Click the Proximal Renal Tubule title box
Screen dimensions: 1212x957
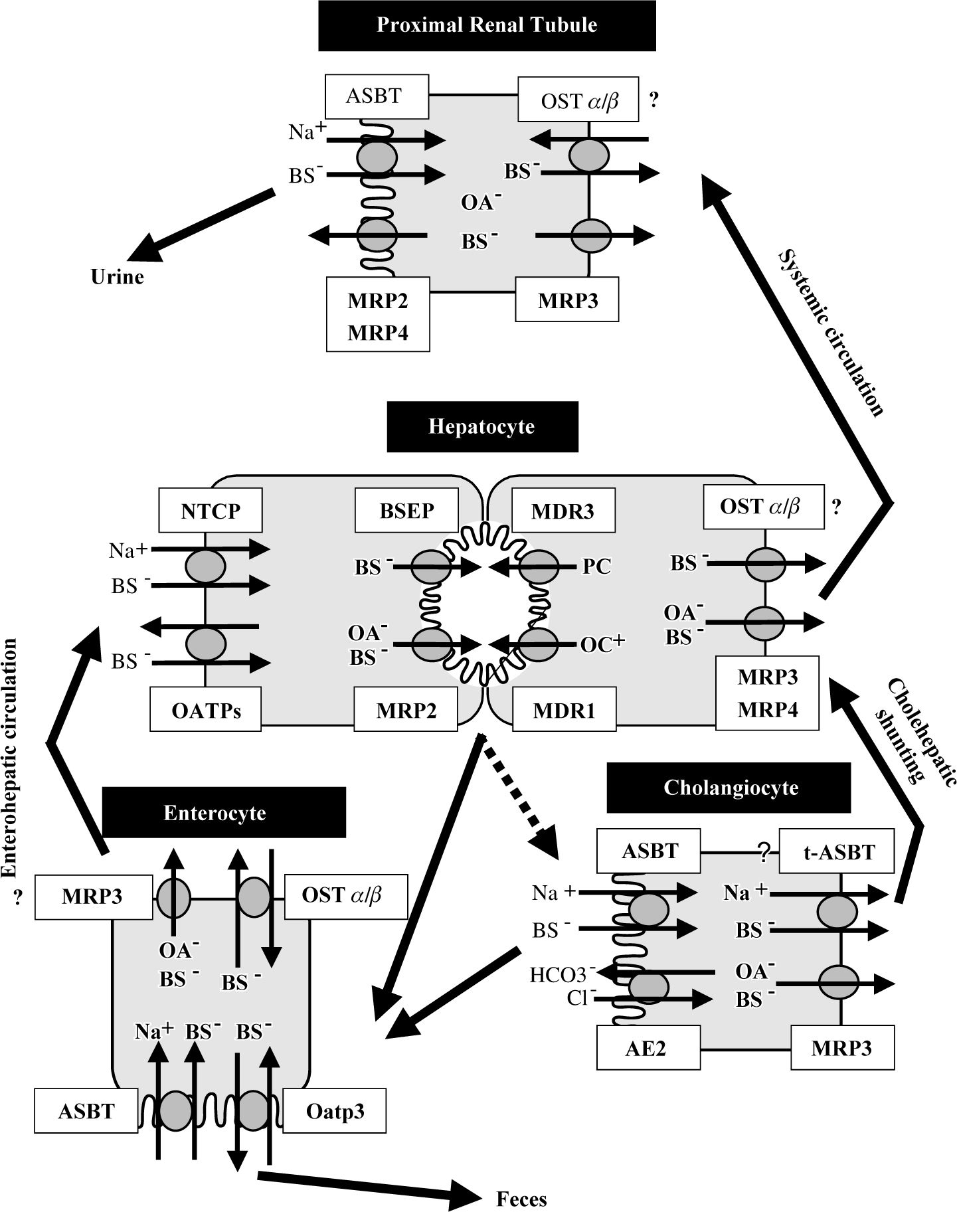tap(487, 26)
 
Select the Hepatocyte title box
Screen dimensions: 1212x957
tap(482, 426)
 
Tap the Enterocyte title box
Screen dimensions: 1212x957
tap(224, 812)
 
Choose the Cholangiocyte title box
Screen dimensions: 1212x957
tap(729, 788)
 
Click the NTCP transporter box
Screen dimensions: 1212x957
tap(211, 511)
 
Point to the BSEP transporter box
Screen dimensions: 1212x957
tap(406, 511)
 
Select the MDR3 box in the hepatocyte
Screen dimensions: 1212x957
tap(563, 511)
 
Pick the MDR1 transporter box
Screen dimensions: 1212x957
tap(565, 711)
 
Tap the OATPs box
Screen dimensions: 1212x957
tap(206, 711)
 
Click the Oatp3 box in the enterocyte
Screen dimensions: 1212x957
tap(335, 1110)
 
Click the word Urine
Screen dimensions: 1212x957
tap(117, 277)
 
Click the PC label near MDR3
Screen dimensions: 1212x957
tap(596, 566)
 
